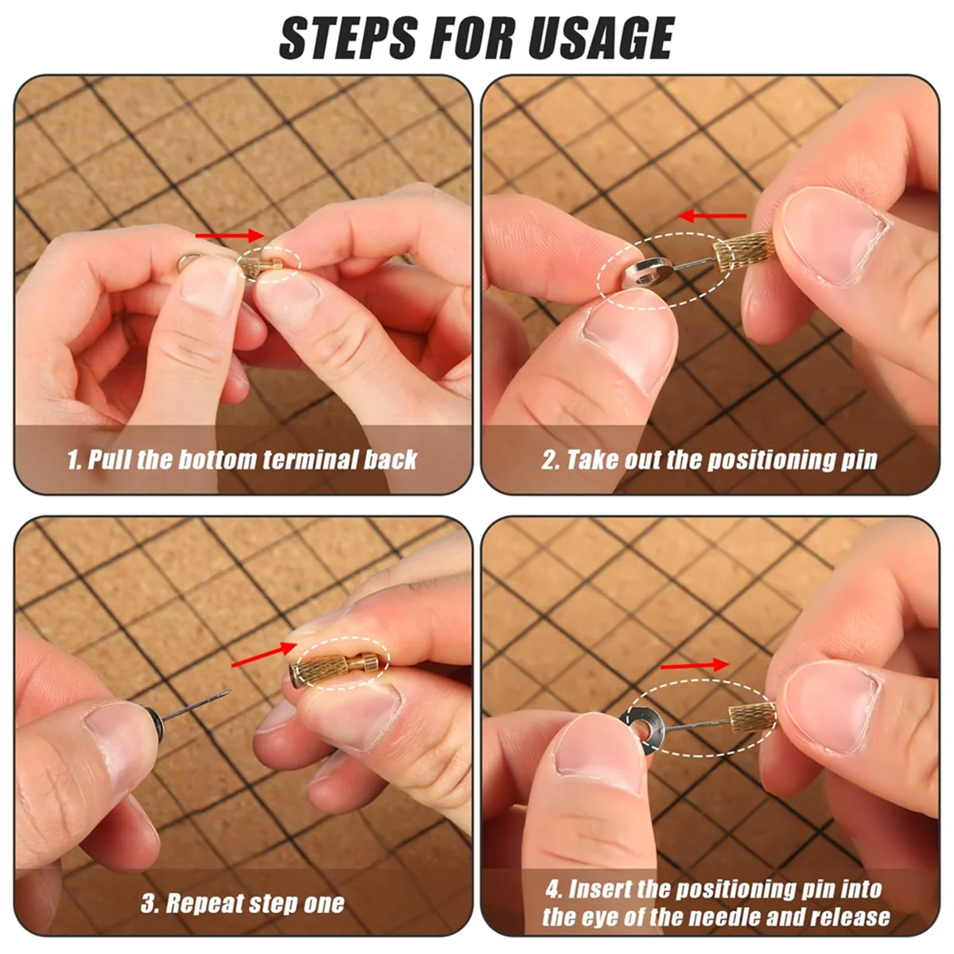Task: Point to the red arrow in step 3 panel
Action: tap(258, 657)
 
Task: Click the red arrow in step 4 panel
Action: tap(693, 665)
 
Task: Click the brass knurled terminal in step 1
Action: tap(256, 262)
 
